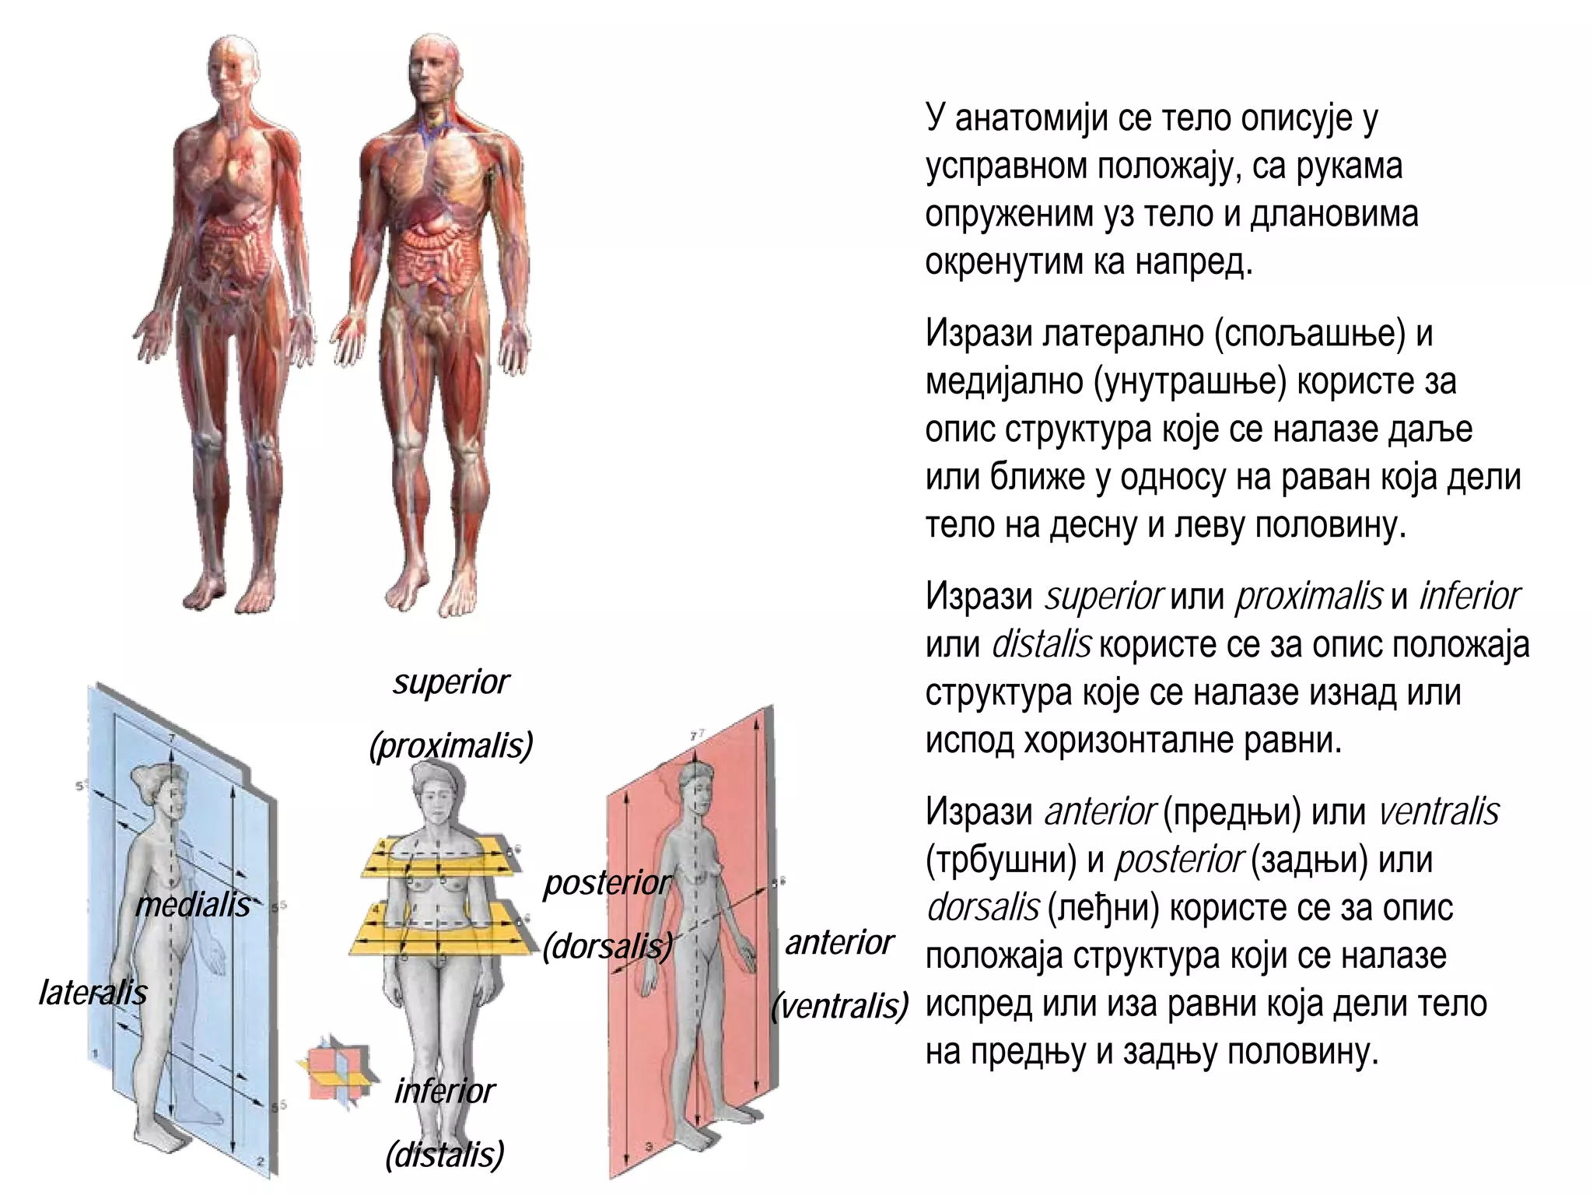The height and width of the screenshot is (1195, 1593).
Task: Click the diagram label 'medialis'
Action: [x=193, y=904]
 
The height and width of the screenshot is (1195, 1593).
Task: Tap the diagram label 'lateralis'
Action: [x=93, y=993]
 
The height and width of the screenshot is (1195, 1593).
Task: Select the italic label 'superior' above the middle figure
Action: [x=451, y=683]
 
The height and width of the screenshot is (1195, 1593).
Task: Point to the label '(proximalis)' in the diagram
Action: [x=451, y=746]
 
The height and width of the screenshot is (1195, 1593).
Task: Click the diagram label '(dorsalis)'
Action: [x=607, y=946]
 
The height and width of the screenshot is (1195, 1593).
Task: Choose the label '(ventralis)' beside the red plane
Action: [x=839, y=1007]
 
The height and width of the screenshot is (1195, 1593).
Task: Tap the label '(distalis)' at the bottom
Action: [x=445, y=1154]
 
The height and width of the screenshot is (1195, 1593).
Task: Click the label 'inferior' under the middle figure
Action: [x=445, y=1092]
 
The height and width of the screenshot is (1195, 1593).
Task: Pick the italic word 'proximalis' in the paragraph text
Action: [x=1309, y=597]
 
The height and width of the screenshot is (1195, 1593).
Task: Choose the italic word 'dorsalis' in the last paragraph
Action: [x=983, y=908]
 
